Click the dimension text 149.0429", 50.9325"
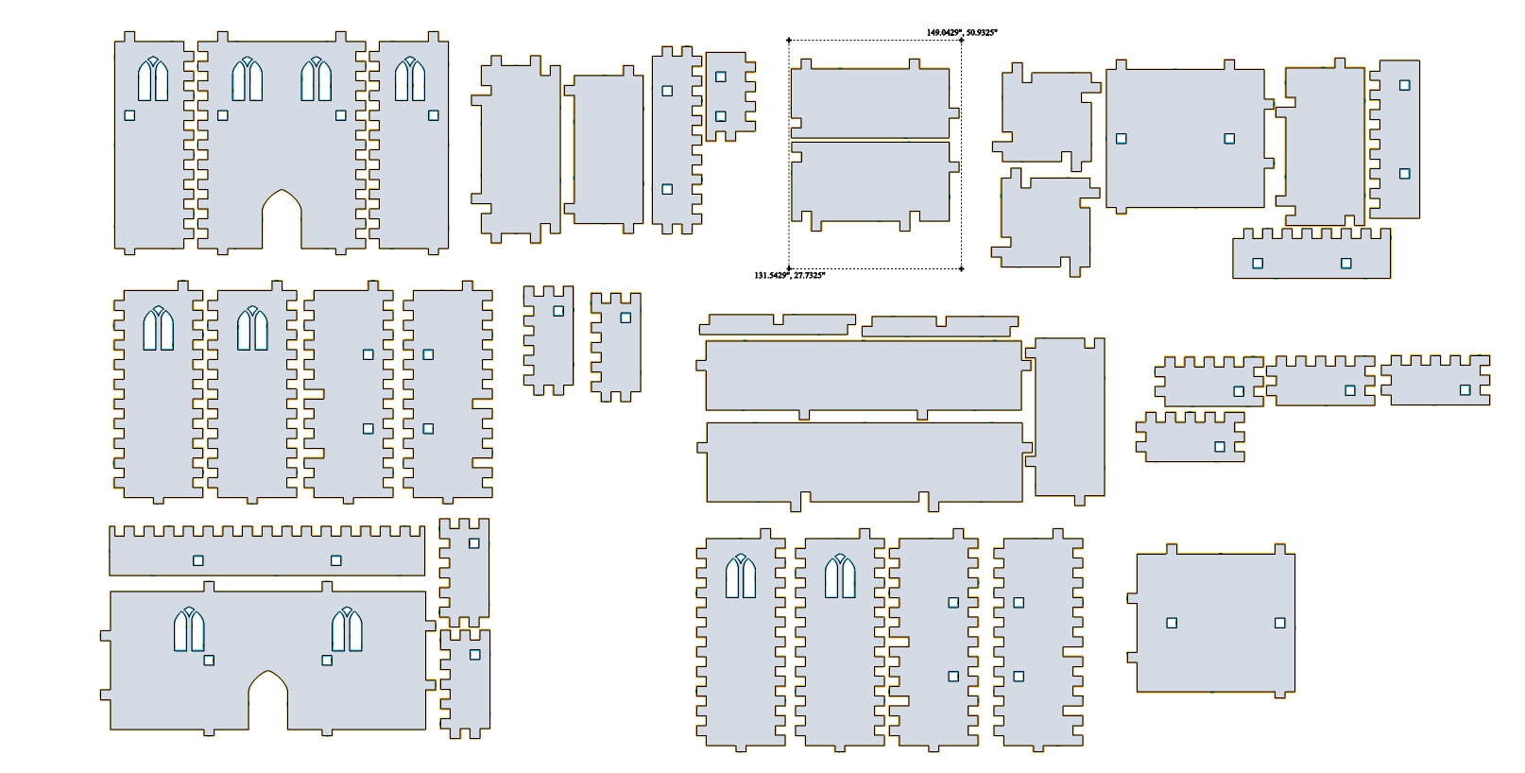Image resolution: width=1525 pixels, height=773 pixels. point(962,32)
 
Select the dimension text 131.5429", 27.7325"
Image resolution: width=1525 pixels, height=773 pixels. point(790,275)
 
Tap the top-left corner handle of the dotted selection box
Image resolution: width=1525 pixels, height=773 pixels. point(789,41)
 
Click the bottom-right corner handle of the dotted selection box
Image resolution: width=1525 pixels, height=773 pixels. point(961,269)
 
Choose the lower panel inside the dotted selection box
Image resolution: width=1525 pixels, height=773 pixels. point(871,182)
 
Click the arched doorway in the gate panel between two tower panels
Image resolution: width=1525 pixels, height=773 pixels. point(282,218)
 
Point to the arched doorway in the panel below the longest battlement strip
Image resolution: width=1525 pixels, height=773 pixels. point(267,700)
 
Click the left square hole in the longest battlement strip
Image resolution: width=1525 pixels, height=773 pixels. point(198,560)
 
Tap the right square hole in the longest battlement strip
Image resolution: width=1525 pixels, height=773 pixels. point(335,560)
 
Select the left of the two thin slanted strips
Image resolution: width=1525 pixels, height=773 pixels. point(778,325)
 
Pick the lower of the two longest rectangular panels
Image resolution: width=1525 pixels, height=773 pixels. point(865,463)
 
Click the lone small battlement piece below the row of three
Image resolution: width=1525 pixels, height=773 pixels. point(1190,438)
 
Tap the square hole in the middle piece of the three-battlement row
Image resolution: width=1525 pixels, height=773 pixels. point(1350,390)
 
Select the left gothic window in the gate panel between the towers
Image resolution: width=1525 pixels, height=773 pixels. point(248,79)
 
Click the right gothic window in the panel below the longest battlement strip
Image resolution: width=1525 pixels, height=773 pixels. point(347,629)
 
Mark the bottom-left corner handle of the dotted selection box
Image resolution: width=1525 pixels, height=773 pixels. point(789,269)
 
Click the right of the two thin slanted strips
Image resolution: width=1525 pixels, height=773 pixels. point(940,326)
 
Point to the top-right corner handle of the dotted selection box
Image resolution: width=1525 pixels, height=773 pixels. point(961,41)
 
